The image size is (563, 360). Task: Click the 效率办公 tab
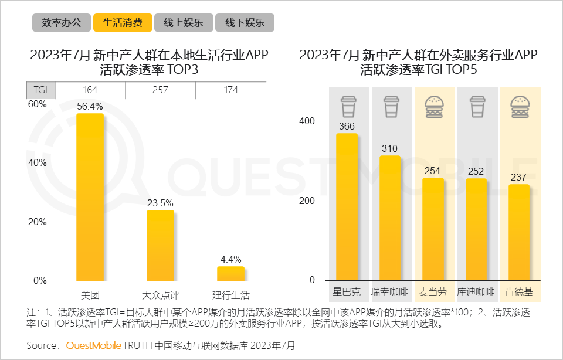[62, 23]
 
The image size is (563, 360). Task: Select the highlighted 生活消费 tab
[123, 23]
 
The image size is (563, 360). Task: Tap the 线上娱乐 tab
[184, 23]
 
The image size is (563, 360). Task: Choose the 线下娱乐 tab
[245, 23]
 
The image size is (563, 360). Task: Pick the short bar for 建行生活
[230, 274]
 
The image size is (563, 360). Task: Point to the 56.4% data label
[90, 106]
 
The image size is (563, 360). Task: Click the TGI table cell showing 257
[160, 90]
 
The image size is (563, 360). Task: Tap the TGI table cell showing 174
[230, 90]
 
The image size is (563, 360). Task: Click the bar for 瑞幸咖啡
[390, 218]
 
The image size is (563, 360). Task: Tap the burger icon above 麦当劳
[433, 107]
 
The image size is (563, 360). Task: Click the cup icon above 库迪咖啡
[476, 107]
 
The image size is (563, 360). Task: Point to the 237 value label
[519, 177]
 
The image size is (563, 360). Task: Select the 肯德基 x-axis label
[519, 292]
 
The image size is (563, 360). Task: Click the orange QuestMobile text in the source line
[93, 345]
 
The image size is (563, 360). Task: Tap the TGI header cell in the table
[40, 90]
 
